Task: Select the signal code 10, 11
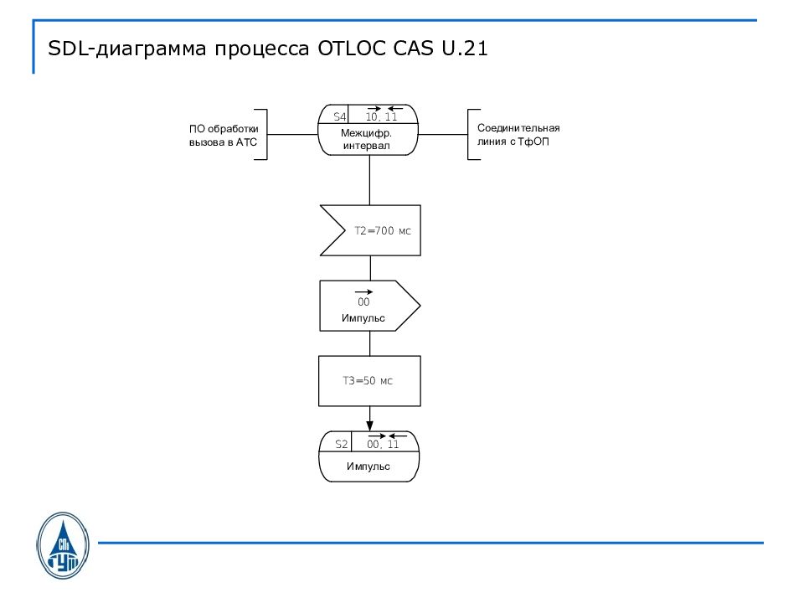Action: (381, 117)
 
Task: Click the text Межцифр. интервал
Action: (367, 140)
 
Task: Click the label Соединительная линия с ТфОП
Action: (518, 135)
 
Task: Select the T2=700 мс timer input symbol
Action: (370, 230)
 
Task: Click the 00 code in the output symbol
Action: (363, 302)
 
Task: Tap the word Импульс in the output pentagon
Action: (363, 319)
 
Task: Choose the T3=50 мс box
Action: (368, 381)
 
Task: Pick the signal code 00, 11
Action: (383, 444)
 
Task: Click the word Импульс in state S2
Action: (368, 466)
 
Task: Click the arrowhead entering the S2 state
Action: (369, 425)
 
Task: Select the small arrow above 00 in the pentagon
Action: (363, 291)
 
